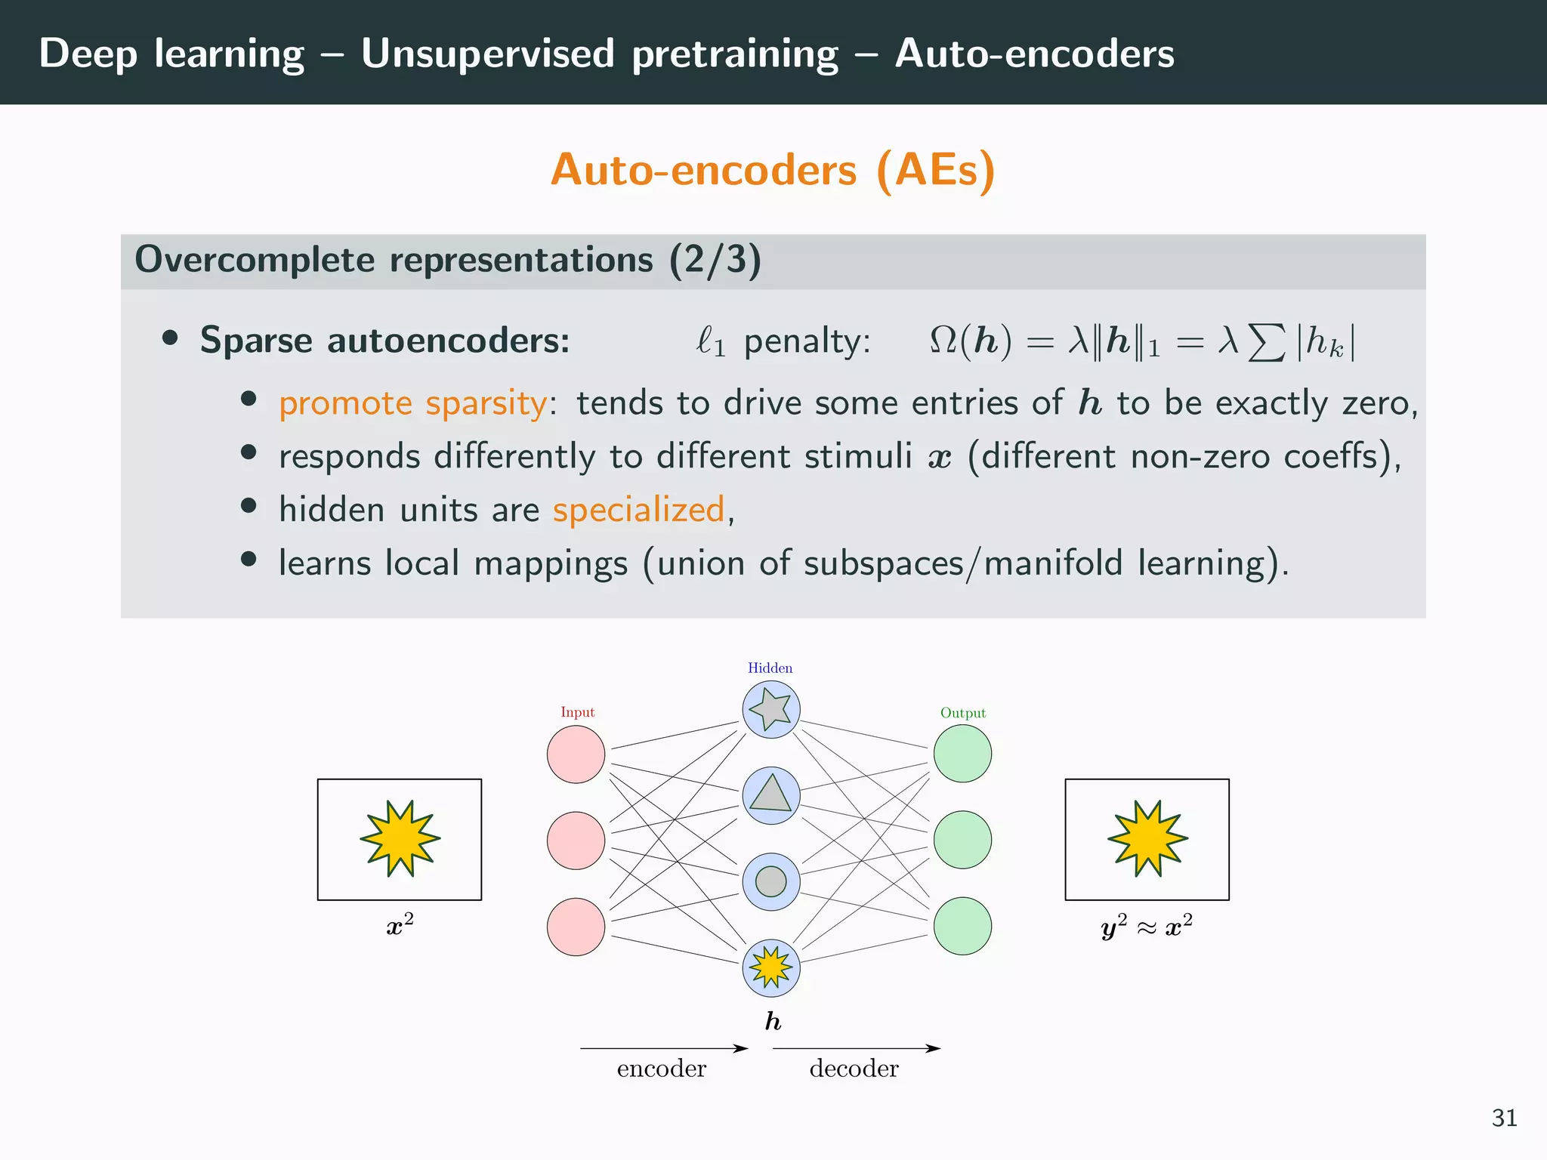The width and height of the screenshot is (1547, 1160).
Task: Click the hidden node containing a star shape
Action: click(x=770, y=709)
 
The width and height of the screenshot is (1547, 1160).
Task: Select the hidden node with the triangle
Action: click(x=770, y=795)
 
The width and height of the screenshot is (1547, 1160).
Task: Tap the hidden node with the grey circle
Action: click(x=770, y=881)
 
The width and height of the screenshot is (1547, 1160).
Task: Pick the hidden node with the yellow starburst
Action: click(x=770, y=967)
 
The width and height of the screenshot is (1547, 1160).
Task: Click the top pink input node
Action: click(x=576, y=754)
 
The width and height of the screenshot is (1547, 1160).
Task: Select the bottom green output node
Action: click(x=962, y=926)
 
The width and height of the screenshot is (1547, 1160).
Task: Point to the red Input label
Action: click(x=577, y=712)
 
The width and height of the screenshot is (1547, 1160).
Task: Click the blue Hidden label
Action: click(x=770, y=668)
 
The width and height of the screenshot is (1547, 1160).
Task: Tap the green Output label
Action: click(x=962, y=713)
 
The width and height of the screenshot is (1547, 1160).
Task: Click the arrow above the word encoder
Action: click(x=663, y=1048)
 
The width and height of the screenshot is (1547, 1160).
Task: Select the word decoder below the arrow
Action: click(x=854, y=1069)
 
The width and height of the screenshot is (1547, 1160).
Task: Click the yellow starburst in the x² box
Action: click(x=400, y=838)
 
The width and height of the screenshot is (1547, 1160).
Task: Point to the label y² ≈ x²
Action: click(x=1147, y=927)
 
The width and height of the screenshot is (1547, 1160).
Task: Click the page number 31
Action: click(x=1504, y=1118)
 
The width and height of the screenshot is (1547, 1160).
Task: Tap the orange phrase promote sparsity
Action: click(x=412, y=403)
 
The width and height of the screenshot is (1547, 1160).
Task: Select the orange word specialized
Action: click(x=638, y=510)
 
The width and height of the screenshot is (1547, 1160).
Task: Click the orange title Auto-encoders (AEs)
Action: click(x=773, y=170)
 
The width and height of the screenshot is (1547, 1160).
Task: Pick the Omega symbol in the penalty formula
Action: click(x=943, y=341)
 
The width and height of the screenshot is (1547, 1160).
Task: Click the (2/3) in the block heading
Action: click(x=715, y=260)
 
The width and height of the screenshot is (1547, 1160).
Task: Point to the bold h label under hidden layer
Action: click(x=772, y=1021)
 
